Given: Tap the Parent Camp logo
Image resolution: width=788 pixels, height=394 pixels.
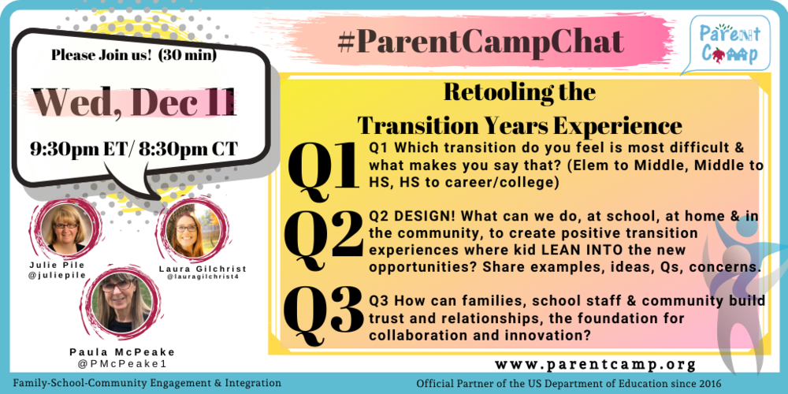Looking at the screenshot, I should click(729, 44).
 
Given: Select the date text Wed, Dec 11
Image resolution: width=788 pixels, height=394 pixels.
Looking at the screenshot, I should click(134, 102).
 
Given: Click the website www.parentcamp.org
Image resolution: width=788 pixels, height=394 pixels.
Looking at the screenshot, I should click(597, 364).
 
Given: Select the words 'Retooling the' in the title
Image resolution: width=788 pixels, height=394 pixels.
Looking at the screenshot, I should click(519, 91).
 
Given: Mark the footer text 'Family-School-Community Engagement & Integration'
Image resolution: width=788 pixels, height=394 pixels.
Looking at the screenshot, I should click(147, 383).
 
